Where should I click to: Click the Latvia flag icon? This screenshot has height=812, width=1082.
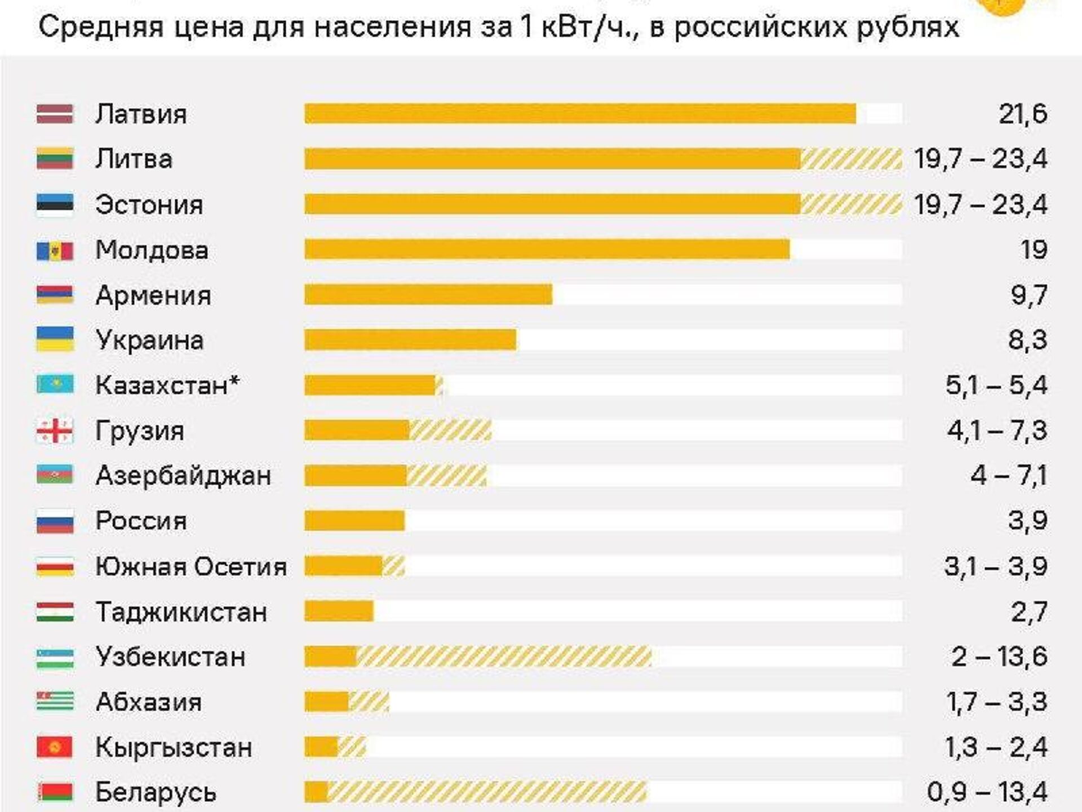click(55, 114)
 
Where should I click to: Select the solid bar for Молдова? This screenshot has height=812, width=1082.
click(547, 250)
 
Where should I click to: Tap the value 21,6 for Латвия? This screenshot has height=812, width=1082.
click(1023, 114)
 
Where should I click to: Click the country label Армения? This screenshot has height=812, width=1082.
click(153, 295)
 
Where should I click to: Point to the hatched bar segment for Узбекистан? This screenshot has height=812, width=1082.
click(504, 656)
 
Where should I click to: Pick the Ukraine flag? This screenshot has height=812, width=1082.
click(55, 340)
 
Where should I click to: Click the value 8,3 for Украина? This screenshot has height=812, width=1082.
click(1027, 340)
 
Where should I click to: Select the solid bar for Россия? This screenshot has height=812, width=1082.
click(354, 521)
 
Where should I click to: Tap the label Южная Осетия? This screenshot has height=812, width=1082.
click(191, 566)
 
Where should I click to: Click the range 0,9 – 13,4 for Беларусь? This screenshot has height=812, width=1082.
click(987, 792)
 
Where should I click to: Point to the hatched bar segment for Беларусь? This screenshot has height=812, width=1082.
click(487, 792)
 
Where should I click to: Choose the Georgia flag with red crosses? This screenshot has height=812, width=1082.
click(55, 431)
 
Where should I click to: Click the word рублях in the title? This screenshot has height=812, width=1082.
click(908, 26)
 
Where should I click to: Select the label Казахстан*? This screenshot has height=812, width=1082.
click(167, 385)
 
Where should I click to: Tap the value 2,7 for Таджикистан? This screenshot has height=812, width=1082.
click(1029, 611)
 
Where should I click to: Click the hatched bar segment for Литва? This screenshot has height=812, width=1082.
click(851, 159)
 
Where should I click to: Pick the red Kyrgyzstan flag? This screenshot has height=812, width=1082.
click(55, 747)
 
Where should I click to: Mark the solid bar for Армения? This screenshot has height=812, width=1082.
click(428, 295)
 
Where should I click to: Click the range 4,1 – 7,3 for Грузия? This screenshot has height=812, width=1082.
click(996, 431)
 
